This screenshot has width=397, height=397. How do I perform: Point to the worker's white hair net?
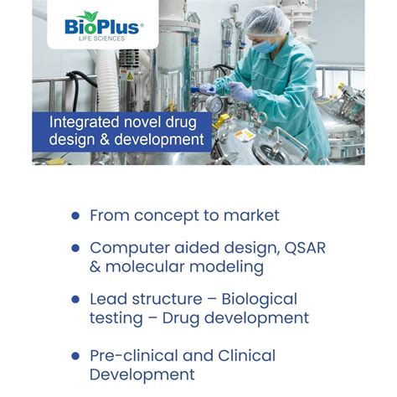(x=268, y=18)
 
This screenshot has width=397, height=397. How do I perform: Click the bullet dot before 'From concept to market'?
(x=75, y=215)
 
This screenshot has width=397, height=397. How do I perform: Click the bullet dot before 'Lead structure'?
(x=75, y=299)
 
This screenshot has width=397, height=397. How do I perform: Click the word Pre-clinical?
(x=134, y=355)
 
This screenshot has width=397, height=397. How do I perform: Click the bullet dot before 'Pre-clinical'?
(x=75, y=356)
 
